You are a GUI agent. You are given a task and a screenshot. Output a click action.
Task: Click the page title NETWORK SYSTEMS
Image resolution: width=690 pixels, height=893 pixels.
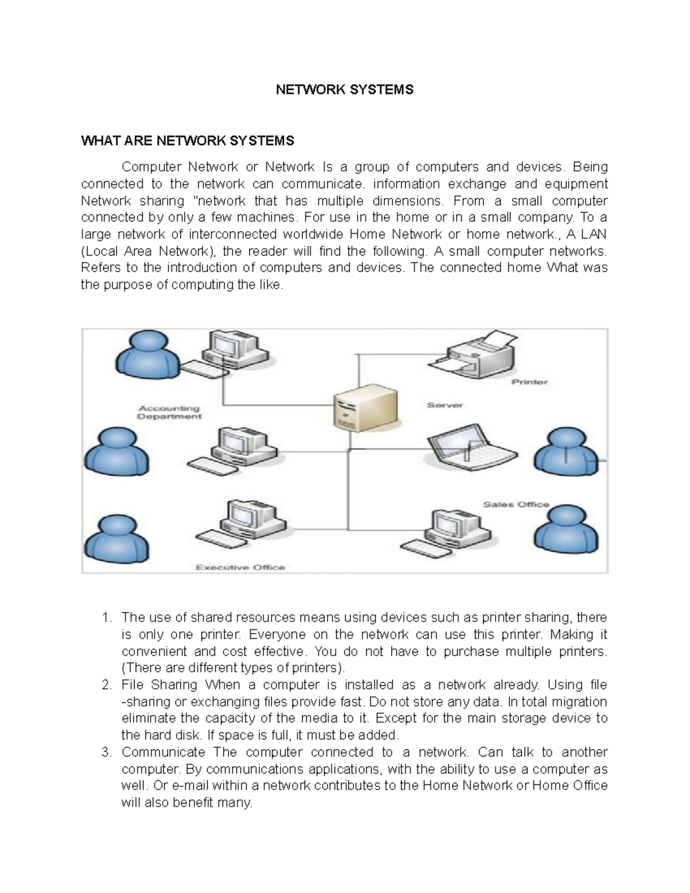click(x=344, y=90)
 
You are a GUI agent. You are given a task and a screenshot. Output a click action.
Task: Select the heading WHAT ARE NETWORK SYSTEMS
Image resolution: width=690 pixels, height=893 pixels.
click(x=187, y=141)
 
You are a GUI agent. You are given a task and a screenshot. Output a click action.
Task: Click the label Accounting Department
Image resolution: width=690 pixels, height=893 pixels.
click(x=168, y=412)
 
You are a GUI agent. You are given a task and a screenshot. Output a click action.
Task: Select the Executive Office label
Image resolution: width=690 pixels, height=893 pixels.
click(x=240, y=568)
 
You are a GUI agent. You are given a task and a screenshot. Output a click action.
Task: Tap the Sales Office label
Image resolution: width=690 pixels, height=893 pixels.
click(x=516, y=504)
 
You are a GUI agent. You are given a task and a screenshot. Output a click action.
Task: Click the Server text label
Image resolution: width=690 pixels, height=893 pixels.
click(x=444, y=405)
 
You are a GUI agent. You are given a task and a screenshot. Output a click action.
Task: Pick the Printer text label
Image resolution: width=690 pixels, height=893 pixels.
click(x=530, y=382)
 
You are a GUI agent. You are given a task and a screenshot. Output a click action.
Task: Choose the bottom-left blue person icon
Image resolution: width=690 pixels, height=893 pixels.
click(x=117, y=539)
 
